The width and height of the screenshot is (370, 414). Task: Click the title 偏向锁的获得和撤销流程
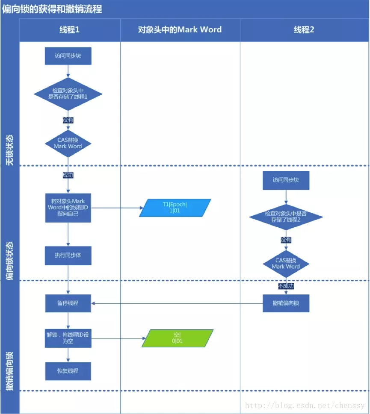pos(52,9)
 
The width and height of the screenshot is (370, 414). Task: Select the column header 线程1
pos(69,29)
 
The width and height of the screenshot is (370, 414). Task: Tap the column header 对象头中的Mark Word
pos(180,29)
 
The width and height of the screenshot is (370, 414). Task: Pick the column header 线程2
pos(304,29)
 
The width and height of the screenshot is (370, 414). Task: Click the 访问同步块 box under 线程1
pos(68,56)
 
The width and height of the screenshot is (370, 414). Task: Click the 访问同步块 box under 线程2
pos(286,180)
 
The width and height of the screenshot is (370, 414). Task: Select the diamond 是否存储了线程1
pos(68,94)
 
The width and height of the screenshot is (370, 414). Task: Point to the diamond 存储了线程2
pos(286,217)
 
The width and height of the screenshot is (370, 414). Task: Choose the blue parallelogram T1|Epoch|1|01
pos(175,208)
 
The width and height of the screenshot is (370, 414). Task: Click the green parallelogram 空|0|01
pos(177,338)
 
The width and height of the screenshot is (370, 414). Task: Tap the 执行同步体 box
pos(68,255)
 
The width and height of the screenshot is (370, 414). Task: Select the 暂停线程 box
pos(68,303)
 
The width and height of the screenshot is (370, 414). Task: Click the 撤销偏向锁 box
pos(286,303)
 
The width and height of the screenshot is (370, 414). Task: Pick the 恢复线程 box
pos(68,370)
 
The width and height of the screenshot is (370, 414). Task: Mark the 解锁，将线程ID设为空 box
pos(68,338)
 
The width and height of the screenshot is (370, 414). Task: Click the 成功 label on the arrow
pos(68,175)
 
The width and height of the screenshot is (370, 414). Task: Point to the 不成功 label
pos(286,286)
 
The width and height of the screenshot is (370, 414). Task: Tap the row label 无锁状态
pos(9,150)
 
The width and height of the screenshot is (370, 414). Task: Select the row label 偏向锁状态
pos(9,260)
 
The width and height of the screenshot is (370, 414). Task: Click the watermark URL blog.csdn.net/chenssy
pos(305,405)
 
